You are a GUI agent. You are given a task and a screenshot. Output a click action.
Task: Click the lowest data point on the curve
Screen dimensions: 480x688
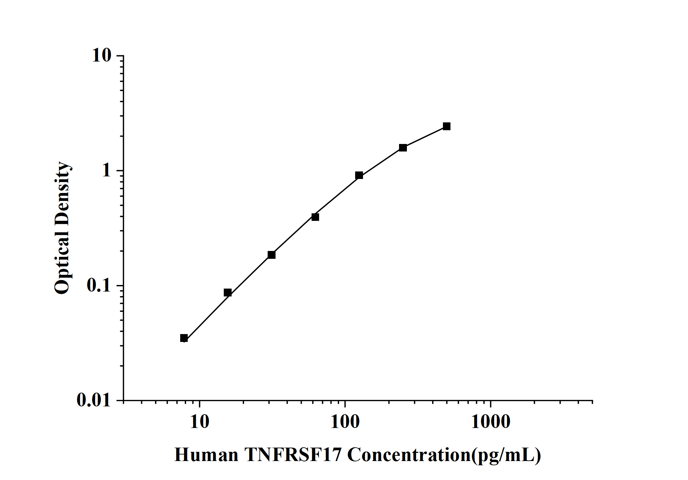184,338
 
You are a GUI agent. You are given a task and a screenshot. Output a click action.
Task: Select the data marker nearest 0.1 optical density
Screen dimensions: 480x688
228,292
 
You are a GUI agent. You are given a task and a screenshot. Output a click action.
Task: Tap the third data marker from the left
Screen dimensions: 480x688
272,255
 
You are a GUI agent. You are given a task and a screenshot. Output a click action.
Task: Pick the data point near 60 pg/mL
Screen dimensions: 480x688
315,217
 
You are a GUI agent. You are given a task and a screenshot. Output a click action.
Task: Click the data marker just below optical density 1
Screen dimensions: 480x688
359,175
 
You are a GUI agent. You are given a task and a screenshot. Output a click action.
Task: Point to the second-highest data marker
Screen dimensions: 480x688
403,148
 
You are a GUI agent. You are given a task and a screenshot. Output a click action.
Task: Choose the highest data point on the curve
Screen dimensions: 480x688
447,126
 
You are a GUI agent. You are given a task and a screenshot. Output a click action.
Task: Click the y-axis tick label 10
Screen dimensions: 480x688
102,56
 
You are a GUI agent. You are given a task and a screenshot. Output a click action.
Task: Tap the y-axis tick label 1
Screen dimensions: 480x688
106,170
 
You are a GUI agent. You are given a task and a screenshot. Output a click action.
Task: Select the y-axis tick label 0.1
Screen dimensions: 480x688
99,285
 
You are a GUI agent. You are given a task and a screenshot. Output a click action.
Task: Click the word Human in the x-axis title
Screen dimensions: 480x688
206,455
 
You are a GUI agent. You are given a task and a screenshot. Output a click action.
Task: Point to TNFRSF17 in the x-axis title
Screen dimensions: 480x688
293,455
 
